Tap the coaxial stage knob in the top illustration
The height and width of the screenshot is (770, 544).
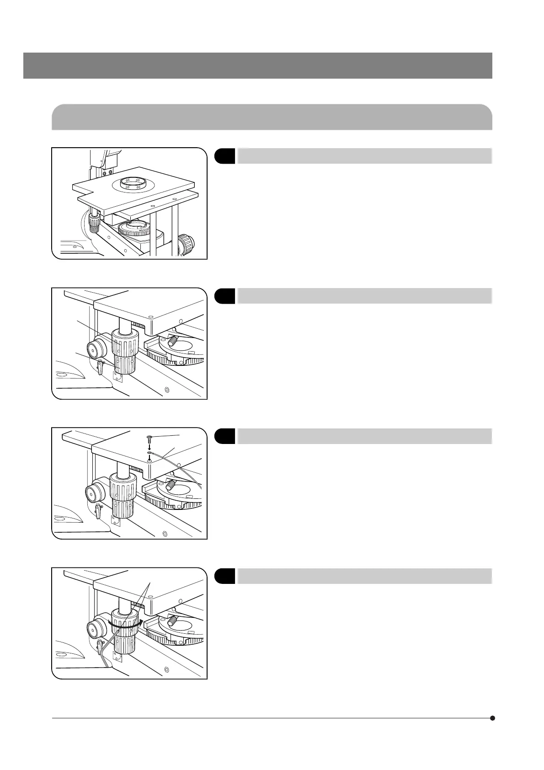(94, 223)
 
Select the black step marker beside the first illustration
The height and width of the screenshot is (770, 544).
(225, 156)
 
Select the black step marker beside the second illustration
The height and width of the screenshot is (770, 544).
(225, 296)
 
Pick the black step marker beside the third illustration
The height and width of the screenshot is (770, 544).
(225, 436)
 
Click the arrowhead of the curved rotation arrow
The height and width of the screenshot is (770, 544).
(141, 622)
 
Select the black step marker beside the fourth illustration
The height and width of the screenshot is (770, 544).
(225, 576)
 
